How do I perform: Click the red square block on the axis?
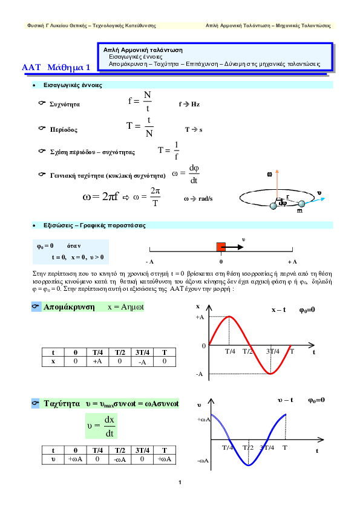point(221,247)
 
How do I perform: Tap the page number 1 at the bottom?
point(180,482)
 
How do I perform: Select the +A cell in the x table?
point(97,361)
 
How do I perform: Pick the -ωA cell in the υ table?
point(120,459)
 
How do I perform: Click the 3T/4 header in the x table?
point(142,352)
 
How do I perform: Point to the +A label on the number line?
point(292,262)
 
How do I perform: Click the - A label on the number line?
point(150,262)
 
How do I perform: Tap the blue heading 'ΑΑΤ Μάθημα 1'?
point(56,67)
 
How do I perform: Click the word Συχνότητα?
point(65,104)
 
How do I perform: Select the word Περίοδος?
point(64,129)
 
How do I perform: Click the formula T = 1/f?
point(169,151)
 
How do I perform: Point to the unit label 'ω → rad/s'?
point(198,199)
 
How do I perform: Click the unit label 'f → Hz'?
point(189,104)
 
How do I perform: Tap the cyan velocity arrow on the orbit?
point(315,201)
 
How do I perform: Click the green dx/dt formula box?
point(102,426)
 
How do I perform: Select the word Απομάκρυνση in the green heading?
point(69,307)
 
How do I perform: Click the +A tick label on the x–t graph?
point(200,317)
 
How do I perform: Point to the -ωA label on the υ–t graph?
point(203,461)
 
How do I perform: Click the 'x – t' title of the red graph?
point(279,310)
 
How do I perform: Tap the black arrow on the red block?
point(232,247)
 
